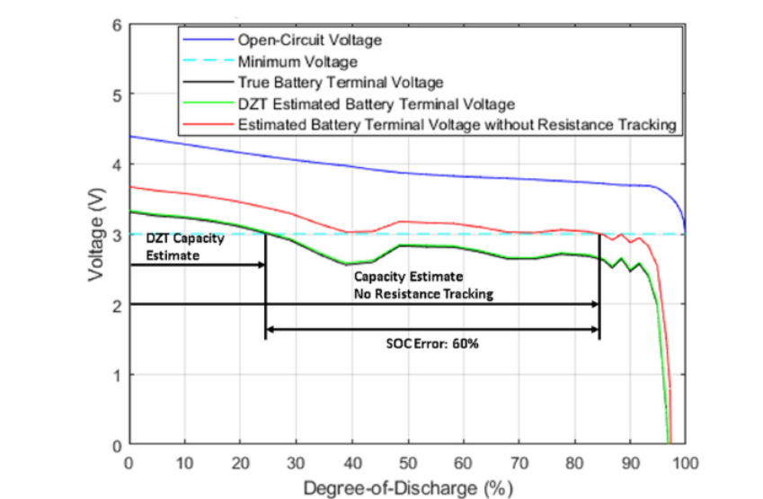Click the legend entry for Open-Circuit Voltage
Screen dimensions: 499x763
click(x=297, y=40)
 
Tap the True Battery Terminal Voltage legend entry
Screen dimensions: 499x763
click(x=329, y=83)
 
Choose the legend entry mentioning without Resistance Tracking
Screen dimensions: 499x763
click(x=457, y=125)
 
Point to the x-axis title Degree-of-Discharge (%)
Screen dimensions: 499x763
click(x=408, y=488)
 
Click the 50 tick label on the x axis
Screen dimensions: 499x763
click(x=408, y=462)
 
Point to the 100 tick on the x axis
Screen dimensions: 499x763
click(x=686, y=462)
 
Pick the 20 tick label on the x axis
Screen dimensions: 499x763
click(x=241, y=462)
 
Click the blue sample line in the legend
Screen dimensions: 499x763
click(x=207, y=40)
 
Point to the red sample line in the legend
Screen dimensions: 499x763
click(x=207, y=125)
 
